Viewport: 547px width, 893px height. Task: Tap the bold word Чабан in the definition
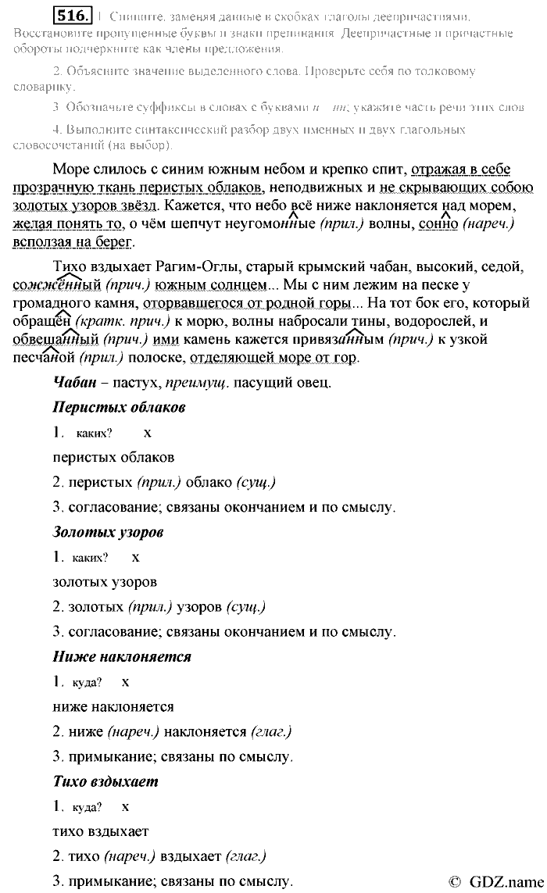pos(73,382)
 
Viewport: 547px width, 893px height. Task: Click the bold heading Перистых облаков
pos(119,407)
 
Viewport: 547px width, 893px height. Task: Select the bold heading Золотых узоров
pos(108,532)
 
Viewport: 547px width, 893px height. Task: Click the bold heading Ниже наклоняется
pos(122,656)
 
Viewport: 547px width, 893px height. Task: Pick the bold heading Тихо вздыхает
pos(105,781)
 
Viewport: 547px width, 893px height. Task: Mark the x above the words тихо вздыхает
pos(125,807)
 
